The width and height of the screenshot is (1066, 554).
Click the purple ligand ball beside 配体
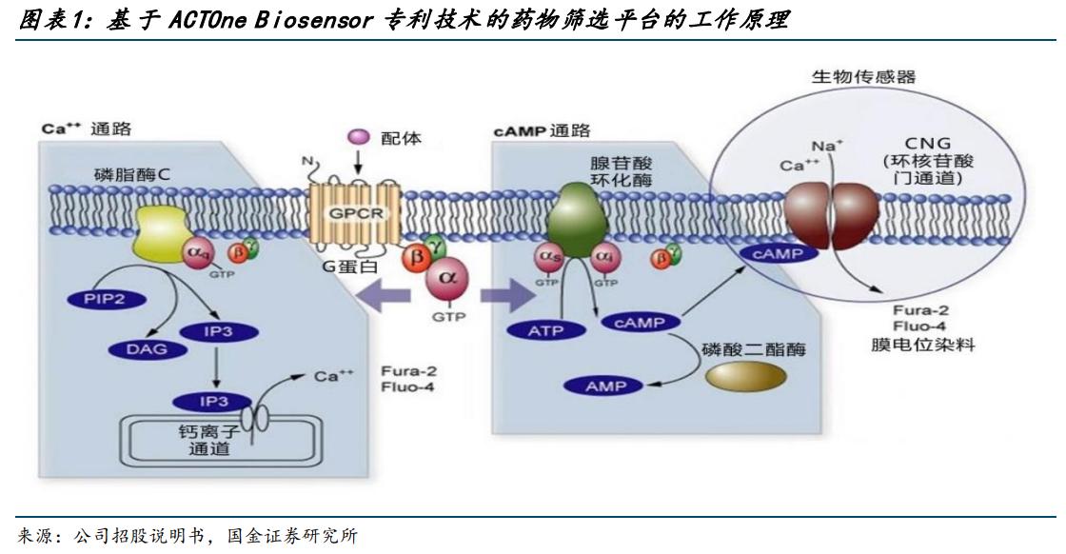[x=359, y=138]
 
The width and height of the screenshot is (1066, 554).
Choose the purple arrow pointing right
[x=505, y=295]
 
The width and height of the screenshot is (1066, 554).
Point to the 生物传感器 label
[x=863, y=77]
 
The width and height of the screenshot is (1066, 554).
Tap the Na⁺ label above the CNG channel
[x=824, y=145]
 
